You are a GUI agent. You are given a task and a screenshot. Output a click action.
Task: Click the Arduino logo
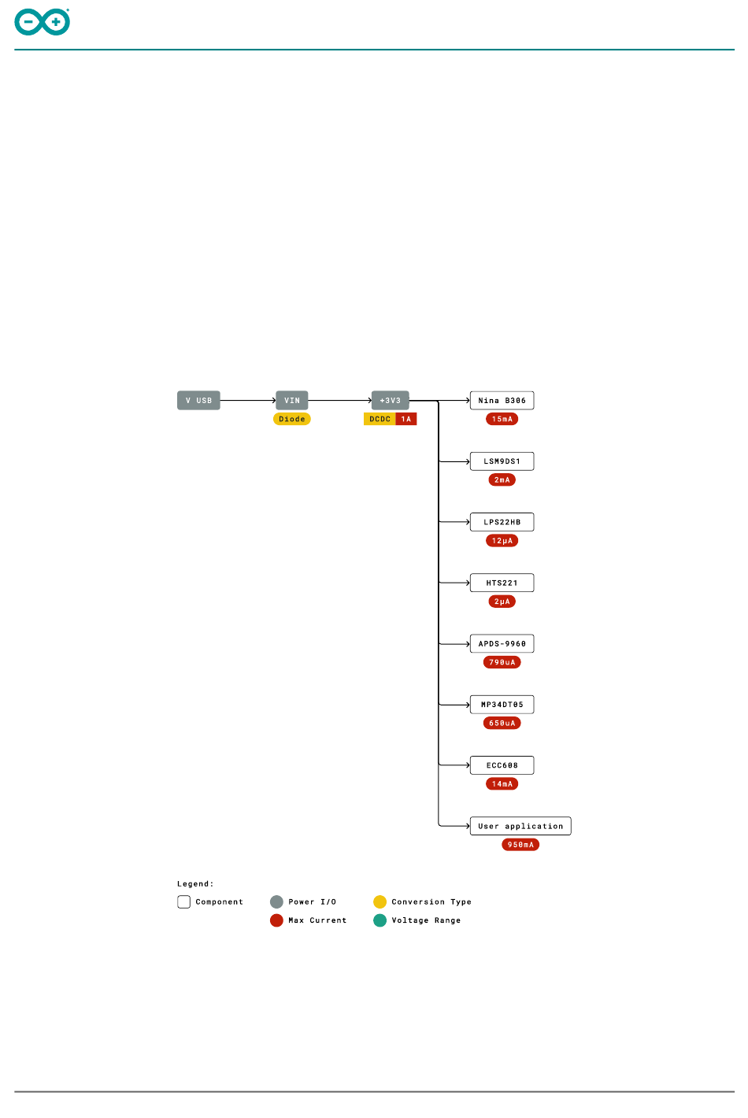(43, 22)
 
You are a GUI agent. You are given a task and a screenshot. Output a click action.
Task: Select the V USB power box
(198, 401)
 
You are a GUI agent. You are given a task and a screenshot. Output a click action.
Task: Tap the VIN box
(292, 401)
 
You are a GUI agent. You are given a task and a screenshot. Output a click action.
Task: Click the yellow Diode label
(292, 419)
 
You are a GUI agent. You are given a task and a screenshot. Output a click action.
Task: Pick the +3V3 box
(391, 401)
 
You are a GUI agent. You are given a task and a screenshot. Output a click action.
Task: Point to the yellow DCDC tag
(380, 419)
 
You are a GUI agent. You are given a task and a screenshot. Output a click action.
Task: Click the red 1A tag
(406, 419)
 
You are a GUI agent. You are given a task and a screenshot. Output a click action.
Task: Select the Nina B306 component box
(502, 401)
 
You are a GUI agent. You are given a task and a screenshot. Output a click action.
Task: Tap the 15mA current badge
(502, 419)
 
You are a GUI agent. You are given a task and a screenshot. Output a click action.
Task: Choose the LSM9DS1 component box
(502, 461)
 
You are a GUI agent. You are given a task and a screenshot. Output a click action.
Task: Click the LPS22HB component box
(502, 522)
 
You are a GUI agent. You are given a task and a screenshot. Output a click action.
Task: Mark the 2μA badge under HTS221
(502, 602)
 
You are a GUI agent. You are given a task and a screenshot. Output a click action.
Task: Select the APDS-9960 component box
(502, 644)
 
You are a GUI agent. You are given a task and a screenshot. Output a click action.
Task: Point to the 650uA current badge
(502, 723)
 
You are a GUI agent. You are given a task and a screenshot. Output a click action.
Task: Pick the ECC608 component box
(502, 765)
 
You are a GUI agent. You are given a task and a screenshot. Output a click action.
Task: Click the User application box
(520, 826)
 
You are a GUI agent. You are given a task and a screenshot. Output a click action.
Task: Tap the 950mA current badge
(520, 845)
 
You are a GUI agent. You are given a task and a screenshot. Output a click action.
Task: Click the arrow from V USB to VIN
(248, 401)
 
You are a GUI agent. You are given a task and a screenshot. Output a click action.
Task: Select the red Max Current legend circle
(276, 920)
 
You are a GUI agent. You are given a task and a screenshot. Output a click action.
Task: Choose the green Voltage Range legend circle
(380, 920)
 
